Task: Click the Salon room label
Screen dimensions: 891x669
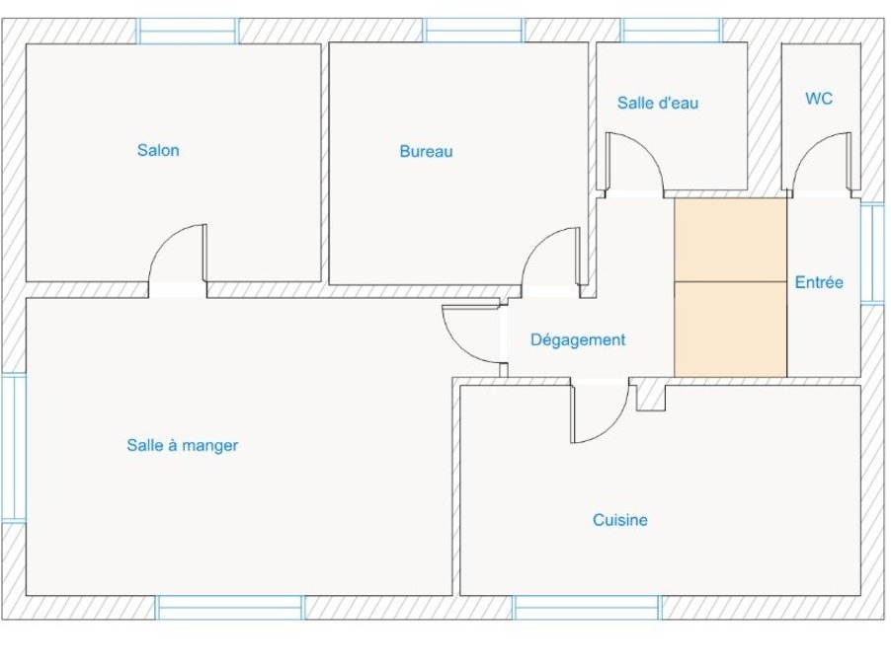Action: [158, 150]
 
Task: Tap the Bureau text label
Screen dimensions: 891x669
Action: [426, 152]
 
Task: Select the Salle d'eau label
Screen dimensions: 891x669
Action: [658, 104]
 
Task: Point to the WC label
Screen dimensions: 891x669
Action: [819, 99]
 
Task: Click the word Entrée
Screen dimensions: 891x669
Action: [819, 282]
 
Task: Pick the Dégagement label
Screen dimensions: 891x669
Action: [578, 339]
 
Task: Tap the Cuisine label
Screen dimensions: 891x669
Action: [620, 520]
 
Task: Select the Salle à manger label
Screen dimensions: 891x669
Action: [183, 445]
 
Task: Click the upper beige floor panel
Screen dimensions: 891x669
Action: [730, 240]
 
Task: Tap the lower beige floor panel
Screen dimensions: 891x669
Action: [730, 330]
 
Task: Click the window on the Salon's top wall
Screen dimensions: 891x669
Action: [187, 31]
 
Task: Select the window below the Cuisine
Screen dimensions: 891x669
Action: [587, 608]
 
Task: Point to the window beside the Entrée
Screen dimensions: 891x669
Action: [873, 253]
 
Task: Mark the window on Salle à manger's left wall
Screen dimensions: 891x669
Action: [14, 447]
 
